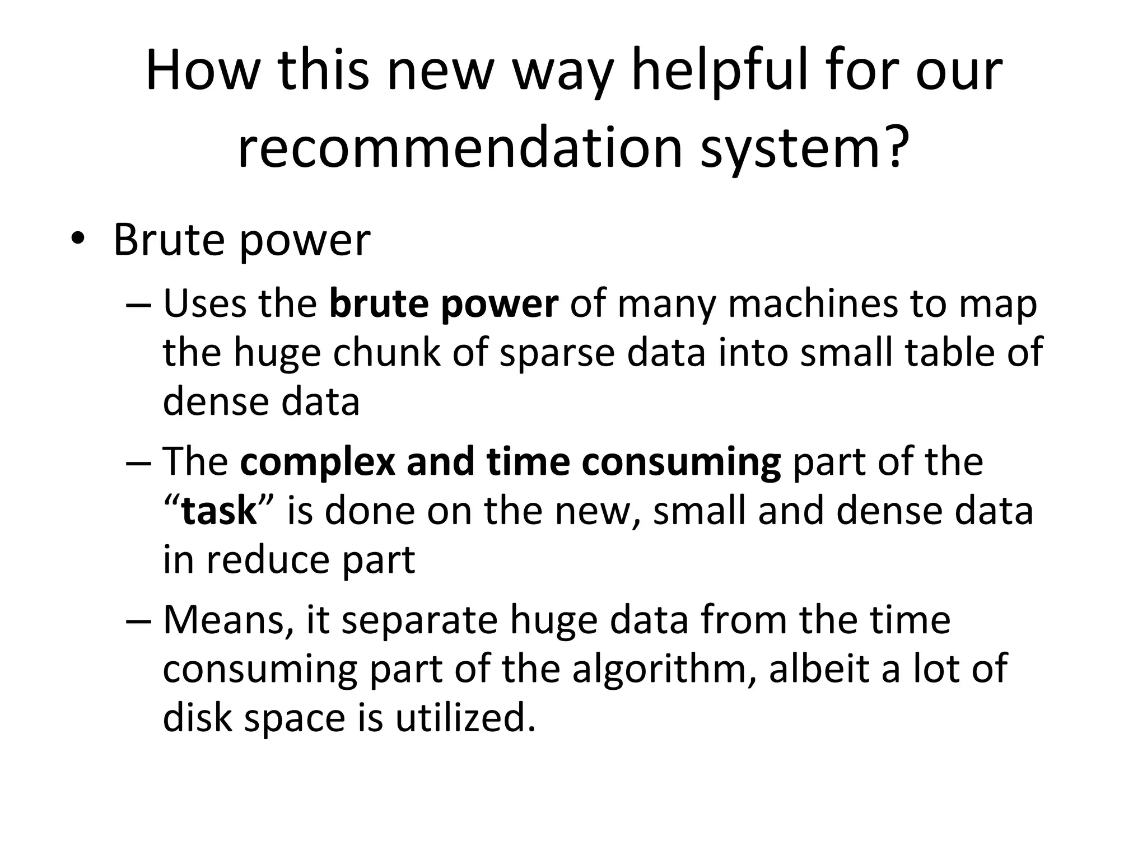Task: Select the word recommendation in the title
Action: click(x=460, y=148)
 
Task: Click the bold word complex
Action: click(x=317, y=462)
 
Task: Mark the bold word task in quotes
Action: click(x=219, y=511)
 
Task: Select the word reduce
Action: click(x=268, y=560)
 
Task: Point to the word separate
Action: click(x=419, y=620)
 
